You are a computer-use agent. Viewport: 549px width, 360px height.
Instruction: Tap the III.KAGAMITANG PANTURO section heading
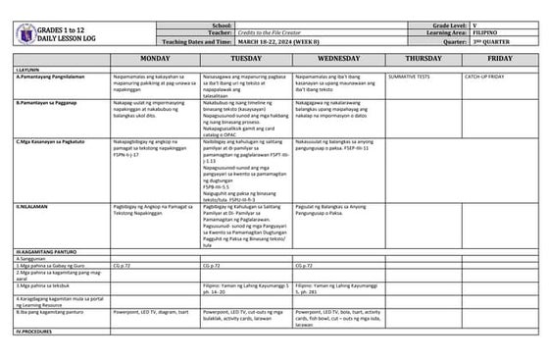coord(47,252)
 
